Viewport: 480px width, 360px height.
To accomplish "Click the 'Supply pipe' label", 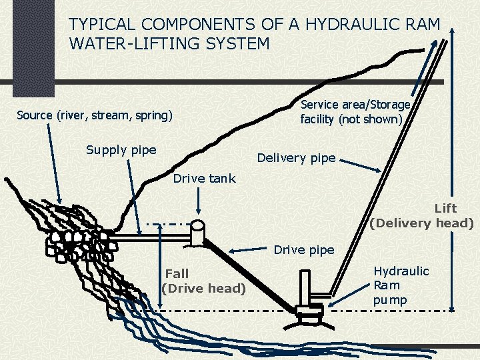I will (121, 149).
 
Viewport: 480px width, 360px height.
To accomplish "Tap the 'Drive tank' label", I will (204, 178).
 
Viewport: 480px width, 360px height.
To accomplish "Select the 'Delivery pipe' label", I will (296, 158).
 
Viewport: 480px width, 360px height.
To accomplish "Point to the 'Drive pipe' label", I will (304, 250).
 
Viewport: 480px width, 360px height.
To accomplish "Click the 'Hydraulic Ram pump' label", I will (401, 285).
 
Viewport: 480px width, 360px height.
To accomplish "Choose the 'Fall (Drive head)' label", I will (204, 281).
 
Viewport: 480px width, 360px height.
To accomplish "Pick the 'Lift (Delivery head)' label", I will (422, 216).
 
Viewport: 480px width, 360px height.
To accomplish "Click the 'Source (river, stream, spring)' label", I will (94, 115).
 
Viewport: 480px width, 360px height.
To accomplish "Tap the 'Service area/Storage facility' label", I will (355, 112).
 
